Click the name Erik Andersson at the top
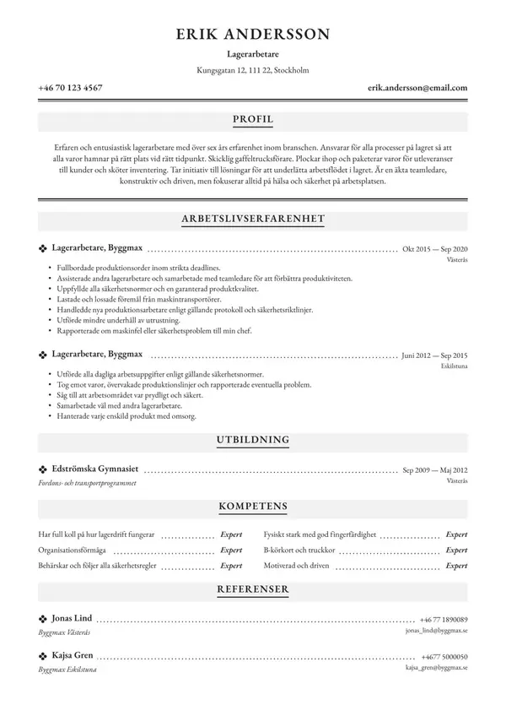coord(253,34)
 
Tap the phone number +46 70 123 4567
coord(71,88)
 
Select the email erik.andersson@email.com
coord(417,88)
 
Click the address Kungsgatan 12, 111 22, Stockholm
coord(253,71)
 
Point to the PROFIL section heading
coord(253,120)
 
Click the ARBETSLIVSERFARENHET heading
coord(253,219)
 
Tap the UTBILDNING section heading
coord(253,440)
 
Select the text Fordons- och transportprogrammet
coord(87,483)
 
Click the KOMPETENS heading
coord(253,507)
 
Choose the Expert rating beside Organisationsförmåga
coord(230,551)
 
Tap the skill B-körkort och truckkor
coord(299,551)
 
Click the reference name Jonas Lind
coord(72,618)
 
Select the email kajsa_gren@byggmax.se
coord(436,667)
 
